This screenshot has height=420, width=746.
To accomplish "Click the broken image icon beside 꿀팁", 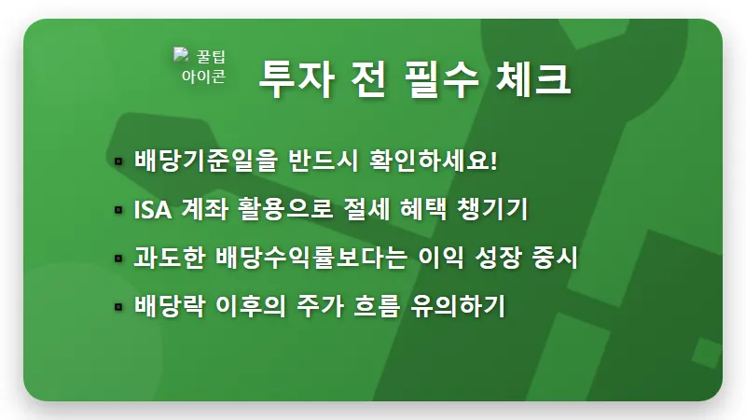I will (182, 56).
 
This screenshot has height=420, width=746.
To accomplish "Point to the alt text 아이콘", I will (203, 77).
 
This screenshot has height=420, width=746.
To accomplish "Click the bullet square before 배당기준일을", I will (118, 161).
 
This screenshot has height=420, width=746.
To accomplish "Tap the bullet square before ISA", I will (118, 210).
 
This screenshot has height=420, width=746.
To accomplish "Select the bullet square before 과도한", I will (118, 259).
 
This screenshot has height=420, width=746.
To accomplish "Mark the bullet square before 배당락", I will (118, 306).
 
